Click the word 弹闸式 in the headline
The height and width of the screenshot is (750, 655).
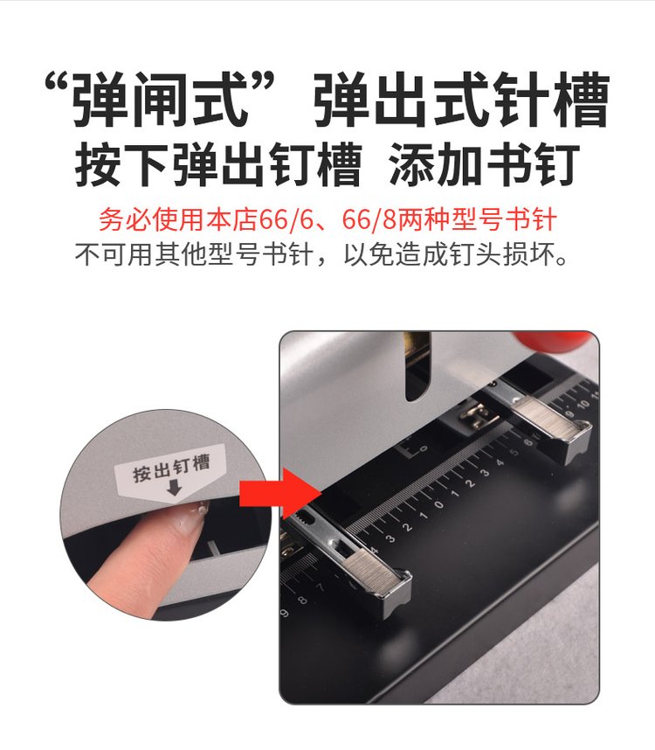pyautogui.click(x=160, y=99)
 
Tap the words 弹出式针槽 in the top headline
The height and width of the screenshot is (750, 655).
pyautogui.click(x=461, y=99)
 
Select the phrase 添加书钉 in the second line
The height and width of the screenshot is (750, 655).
pyautogui.click(x=484, y=164)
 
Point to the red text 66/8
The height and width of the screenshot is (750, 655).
pyautogui.click(x=369, y=219)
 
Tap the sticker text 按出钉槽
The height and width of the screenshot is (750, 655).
pyautogui.click(x=171, y=469)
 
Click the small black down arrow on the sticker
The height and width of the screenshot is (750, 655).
pyautogui.click(x=175, y=488)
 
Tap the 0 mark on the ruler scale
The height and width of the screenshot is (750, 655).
pyautogui.click(x=438, y=504)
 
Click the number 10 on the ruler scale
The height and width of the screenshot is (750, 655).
pyautogui.click(x=583, y=405)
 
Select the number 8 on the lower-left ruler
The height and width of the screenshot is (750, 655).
pyautogui.click(x=302, y=600)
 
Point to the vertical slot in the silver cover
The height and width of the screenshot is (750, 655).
pyautogui.click(x=417, y=366)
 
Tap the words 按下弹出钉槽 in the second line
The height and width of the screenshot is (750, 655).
pyautogui.click(x=218, y=164)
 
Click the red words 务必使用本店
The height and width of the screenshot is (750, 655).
pyautogui.click(x=178, y=219)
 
